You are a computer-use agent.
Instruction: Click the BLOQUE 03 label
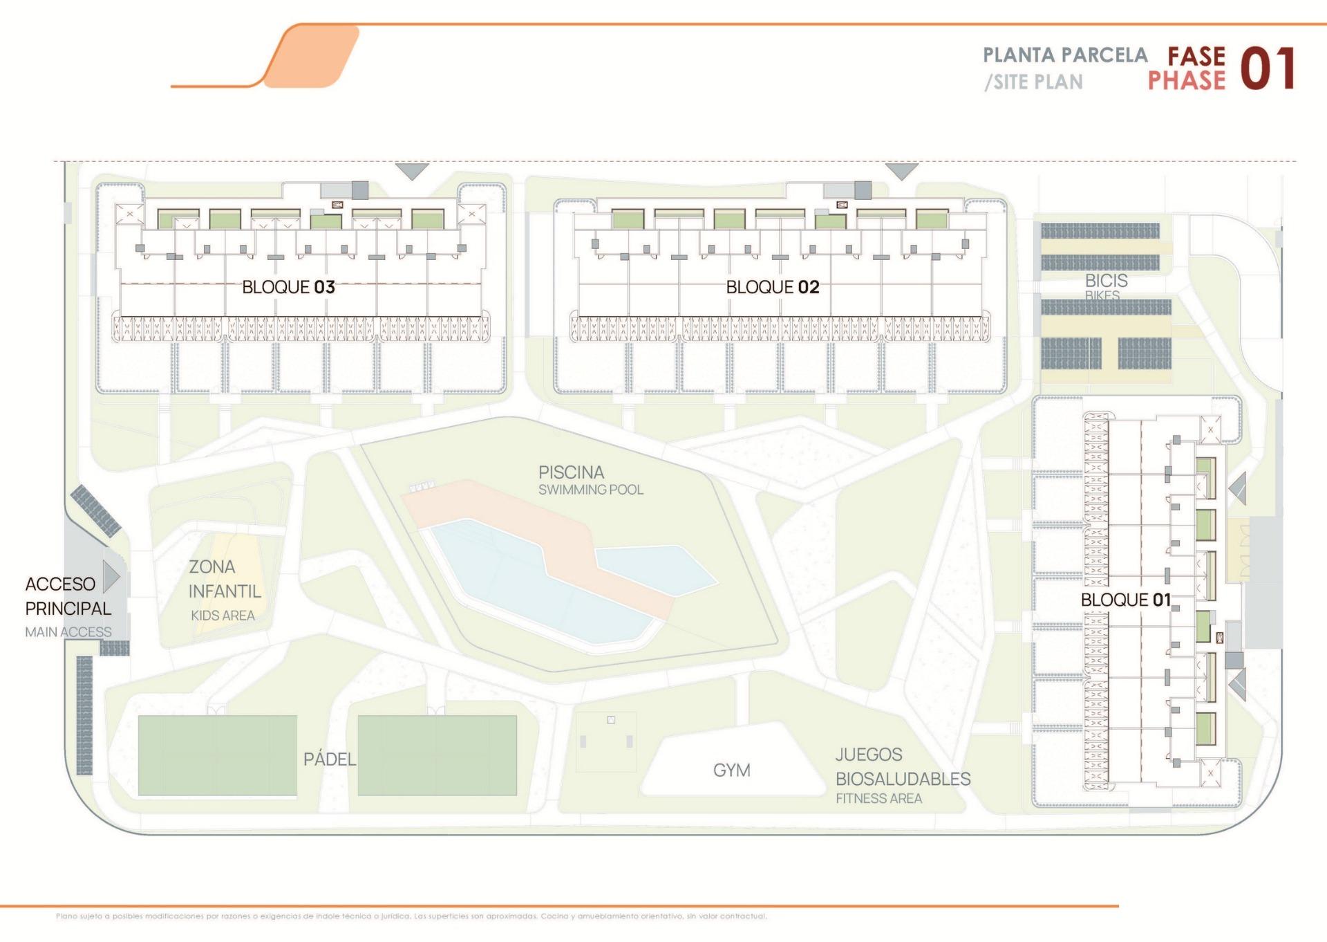pos(288,287)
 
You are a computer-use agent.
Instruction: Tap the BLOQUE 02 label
pos(772,287)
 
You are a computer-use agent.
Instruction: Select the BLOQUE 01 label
pos(1125,600)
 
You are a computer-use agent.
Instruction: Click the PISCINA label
pos(571,472)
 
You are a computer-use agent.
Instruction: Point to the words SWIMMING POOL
pos(590,490)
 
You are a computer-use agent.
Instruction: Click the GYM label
pos(731,770)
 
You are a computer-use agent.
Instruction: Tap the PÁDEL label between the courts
pos(330,759)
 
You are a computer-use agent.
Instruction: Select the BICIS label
pos(1106,281)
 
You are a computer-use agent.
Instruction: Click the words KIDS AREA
pos(223,616)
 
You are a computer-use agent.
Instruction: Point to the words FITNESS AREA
pos(878,798)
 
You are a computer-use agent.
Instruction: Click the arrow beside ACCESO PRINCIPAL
pos(111,576)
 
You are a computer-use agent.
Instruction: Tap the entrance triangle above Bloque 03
pos(412,171)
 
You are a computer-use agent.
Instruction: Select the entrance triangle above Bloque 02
pos(901,170)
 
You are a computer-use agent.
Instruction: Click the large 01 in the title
pos(1268,69)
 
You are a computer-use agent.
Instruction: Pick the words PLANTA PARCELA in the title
pos(1064,55)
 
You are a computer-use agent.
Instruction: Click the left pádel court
pos(217,755)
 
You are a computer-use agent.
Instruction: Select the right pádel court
pos(437,755)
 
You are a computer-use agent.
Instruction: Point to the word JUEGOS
pos(868,754)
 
